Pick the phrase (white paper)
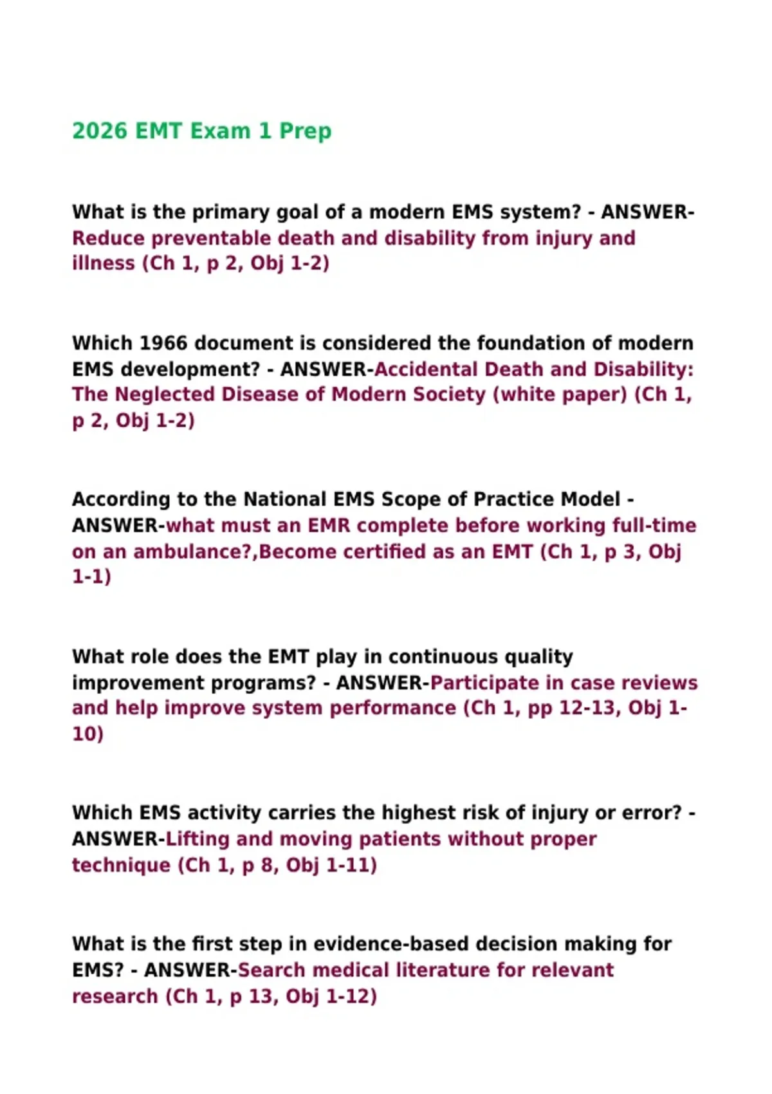[x=560, y=394]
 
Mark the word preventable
[x=211, y=238]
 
